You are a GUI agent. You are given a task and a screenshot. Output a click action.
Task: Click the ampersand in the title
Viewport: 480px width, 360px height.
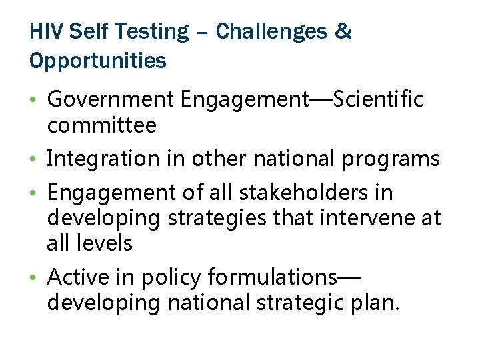[x=344, y=31]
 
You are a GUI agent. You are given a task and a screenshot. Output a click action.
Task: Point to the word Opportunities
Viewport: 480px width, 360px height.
[x=98, y=61]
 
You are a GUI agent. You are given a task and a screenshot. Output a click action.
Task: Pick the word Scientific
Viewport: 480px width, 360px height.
[x=377, y=100]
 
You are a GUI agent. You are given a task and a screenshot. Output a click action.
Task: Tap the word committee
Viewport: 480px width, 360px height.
[x=101, y=125]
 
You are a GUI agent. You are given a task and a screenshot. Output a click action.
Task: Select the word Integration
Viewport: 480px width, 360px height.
[x=97, y=159]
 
